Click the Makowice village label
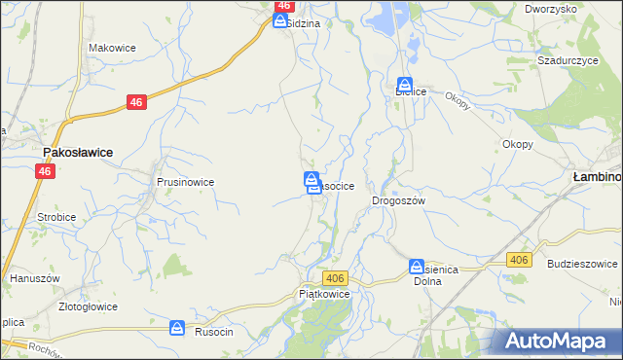click(110, 47)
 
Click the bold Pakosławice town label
click(78, 153)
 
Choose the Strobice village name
click(56, 217)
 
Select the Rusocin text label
click(211, 331)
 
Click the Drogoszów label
click(399, 200)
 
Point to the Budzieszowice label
click(583, 264)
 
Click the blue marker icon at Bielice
click(404, 85)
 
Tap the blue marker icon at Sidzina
click(279, 19)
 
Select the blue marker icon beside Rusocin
click(177, 329)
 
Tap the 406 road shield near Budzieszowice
click(519, 260)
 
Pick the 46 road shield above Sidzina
click(284, 5)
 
